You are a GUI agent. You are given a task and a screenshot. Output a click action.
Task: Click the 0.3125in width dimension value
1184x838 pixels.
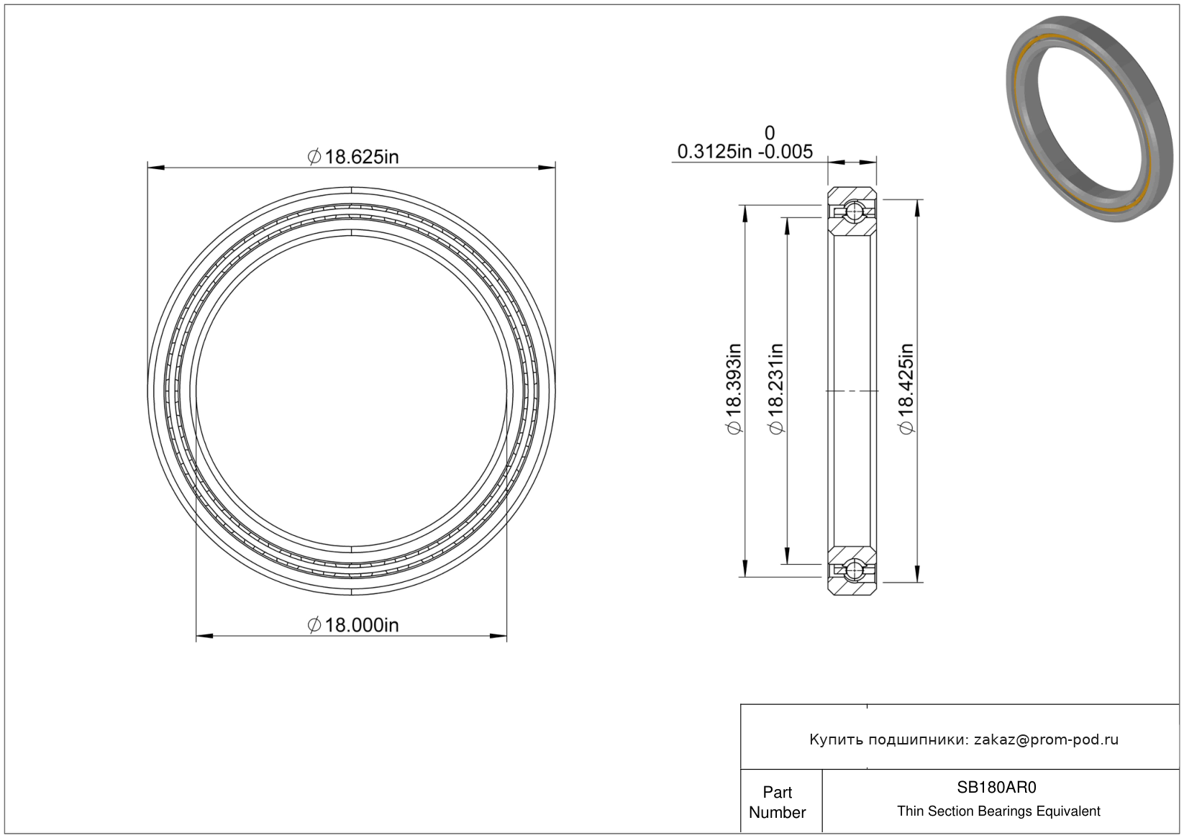[714, 152]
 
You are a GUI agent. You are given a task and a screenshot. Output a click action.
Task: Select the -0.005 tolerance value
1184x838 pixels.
[785, 152]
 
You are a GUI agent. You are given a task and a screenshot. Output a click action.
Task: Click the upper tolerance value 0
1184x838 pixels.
[770, 132]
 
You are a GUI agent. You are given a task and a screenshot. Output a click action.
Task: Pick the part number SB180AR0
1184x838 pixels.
[997, 787]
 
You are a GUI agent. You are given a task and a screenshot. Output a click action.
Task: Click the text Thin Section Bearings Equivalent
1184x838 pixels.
[998, 811]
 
